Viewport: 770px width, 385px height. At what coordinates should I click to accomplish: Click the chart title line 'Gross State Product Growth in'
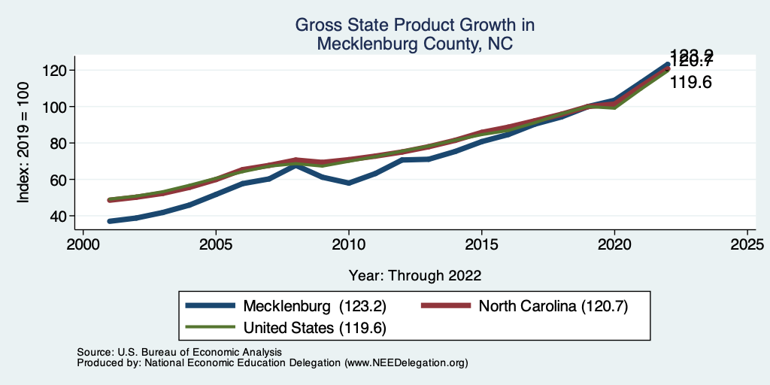(x=414, y=25)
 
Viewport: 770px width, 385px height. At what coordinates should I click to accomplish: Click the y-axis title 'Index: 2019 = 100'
(x=23, y=143)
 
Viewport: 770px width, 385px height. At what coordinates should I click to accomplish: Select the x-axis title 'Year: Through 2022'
(x=414, y=275)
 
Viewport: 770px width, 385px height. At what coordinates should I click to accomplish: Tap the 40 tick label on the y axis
(x=61, y=217)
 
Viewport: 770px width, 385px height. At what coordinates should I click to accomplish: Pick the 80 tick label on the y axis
(x=61, y=144)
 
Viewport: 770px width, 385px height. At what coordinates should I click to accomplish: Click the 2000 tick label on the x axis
(x=83, y=245)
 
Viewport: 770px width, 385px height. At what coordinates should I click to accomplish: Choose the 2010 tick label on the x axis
(x=348, y=245)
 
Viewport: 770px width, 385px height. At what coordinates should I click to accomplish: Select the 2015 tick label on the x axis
(x=481, y=245)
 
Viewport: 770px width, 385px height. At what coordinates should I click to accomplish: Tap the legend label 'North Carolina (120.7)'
(x=553, y=306)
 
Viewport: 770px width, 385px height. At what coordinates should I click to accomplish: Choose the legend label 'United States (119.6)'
(x=315, y=327)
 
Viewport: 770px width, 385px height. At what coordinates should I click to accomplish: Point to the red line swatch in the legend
(x=446, y=306)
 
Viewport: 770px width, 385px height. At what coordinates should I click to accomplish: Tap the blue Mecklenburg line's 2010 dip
(x=349, y=183)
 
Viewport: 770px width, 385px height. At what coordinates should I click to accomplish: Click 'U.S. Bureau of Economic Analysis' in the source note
(x=199, y=352)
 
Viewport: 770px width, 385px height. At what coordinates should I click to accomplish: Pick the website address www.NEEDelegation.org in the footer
(x=406, y=362)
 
